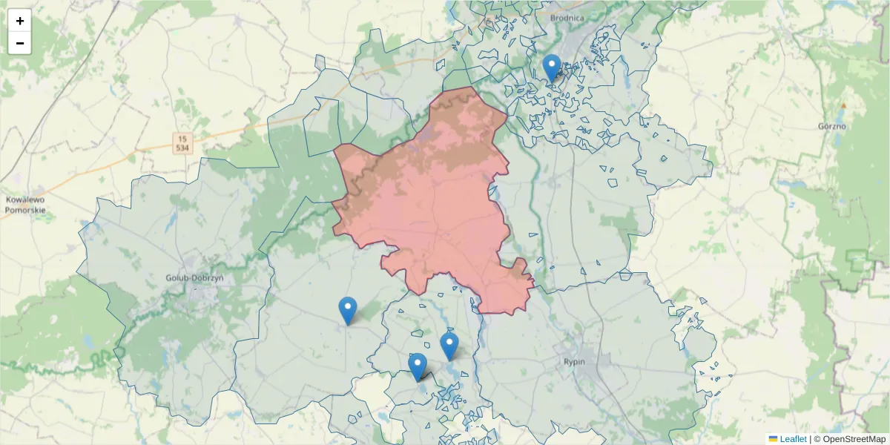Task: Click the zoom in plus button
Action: [x=19, y=21]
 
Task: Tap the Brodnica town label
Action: [x=567, y=17]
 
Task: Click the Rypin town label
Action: [x=574, y=362]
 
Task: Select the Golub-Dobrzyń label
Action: [x=196, y=277]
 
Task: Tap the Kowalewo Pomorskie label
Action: [x=25, y=205]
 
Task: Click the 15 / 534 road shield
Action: [x=182, y=143]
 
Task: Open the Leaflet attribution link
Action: [x=793, y=439]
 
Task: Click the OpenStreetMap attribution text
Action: [x=855, y=439]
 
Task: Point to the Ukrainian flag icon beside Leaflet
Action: [x=773, y=439]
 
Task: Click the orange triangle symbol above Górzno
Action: [x=843, y=106]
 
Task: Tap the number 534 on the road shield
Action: [x=182, y=148]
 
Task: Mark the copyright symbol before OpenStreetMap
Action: [x=817, y=439]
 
